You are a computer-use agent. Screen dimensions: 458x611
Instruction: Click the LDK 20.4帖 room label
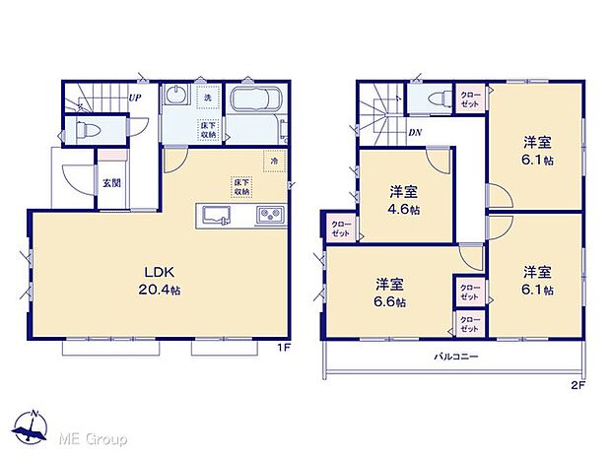pyautogui.click(x=159, y=282)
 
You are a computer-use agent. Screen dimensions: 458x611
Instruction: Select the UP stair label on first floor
pyautogui.click(x=134, y=98)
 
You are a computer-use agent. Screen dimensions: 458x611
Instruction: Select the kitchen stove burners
pyautogui.click(x=270, y=215)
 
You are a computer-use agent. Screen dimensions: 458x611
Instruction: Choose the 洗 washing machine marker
pyautogui.click(x=208, y=98)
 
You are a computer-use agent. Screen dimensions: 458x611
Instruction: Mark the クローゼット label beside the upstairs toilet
pyautogui.click(x=469, y=98)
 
